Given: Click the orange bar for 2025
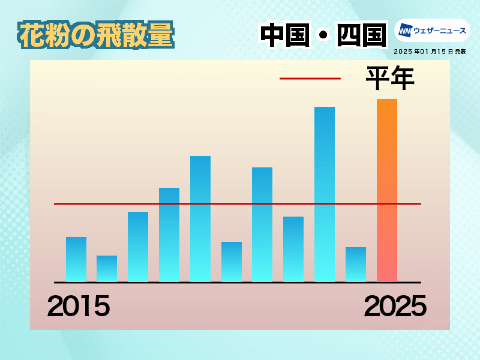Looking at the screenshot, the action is click(x=387, y=190).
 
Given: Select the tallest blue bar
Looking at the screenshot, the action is click(x=325, y=194).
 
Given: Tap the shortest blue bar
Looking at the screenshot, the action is click(x=107, y=268).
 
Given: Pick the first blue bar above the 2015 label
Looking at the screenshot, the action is click(x=76, y=259).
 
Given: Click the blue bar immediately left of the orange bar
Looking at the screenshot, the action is click(x=356, y=264).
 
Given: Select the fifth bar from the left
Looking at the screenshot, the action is click(x=200, y=219).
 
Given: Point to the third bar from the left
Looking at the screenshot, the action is click(x=138, y=247).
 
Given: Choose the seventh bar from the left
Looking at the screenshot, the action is click(x=262, y=224).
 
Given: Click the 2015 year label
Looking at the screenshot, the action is click(x=79, y=306).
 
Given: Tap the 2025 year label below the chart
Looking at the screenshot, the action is click(x=395, y=306).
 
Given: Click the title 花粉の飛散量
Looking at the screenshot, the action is click(x=96, y=35).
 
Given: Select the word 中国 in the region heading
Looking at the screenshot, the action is click(x=285, y=35).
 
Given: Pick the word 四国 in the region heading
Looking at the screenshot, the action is click(x=362, y=35).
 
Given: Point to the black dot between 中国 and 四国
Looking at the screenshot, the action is click(x=323, y=35).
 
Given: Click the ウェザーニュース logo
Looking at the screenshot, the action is click(x=432, y=31).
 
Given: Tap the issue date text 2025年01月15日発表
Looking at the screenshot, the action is click(x=430, y=52).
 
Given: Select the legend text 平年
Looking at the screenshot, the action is click(x=391, y=78).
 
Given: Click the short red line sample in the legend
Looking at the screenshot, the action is click(x=310, y=79).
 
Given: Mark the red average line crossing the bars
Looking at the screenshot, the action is click(x=238, y=203).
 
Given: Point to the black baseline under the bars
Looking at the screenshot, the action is click(x=238, y=283).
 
